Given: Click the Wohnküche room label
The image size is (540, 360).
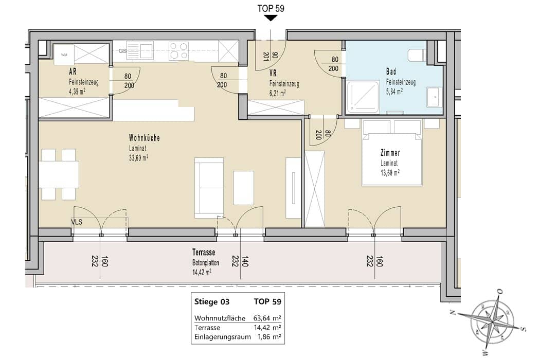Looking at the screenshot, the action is tap(145, 138).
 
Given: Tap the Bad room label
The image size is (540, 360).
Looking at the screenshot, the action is tap(391, 71).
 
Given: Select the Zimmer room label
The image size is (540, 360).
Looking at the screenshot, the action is tap(390, 153).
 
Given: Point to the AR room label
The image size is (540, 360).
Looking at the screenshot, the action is tap(73, 71).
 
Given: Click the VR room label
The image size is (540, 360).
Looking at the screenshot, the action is tap(273, 73).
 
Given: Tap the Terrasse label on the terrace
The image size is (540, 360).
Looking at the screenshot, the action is tap(204, 253).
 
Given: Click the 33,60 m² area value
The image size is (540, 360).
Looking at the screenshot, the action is tap(138, 158).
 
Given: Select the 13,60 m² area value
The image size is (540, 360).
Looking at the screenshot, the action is tap(390, 173).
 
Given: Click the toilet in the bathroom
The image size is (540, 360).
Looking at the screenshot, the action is tap(417, 55).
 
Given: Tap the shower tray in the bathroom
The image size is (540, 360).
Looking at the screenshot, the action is tap(363, 97).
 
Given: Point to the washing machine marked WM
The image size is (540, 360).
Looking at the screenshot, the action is tap(64, 55).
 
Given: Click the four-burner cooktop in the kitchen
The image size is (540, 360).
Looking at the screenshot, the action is tap(179, 50).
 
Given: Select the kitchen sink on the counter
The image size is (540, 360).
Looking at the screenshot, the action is tap(140, 50).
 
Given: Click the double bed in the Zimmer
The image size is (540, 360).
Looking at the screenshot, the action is tap(392, 153).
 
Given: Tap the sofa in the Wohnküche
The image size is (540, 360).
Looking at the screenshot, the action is tap(209, 188).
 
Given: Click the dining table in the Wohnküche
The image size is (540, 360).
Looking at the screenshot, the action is tap(59, 174).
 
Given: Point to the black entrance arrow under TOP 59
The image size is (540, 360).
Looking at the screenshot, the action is tap(271, 18).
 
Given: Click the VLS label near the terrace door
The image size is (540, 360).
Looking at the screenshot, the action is tap(77, 222).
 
